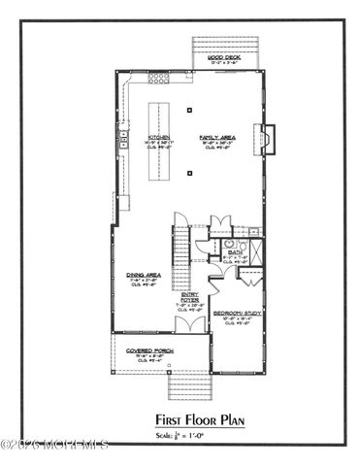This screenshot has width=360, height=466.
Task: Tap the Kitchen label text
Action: [158, 137]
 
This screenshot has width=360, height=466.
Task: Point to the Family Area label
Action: [212, 137]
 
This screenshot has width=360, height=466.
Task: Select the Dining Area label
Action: [144, 275]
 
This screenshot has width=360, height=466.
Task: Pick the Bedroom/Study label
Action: [238, 314]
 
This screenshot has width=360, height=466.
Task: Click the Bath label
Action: [235, 252]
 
